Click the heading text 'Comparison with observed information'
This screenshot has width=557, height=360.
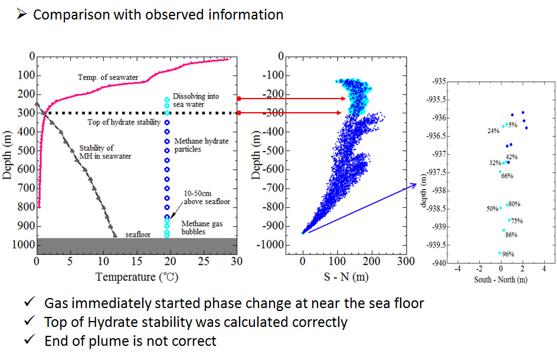(x=158, y=15)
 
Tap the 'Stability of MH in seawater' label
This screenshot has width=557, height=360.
(x=105, y=152)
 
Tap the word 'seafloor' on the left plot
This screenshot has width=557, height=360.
(x=138, y=234)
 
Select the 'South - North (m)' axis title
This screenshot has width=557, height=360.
(x=500, y=279)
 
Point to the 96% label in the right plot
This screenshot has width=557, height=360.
(x=507, y=254)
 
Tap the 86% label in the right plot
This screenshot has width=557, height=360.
(x=511, y=235)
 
